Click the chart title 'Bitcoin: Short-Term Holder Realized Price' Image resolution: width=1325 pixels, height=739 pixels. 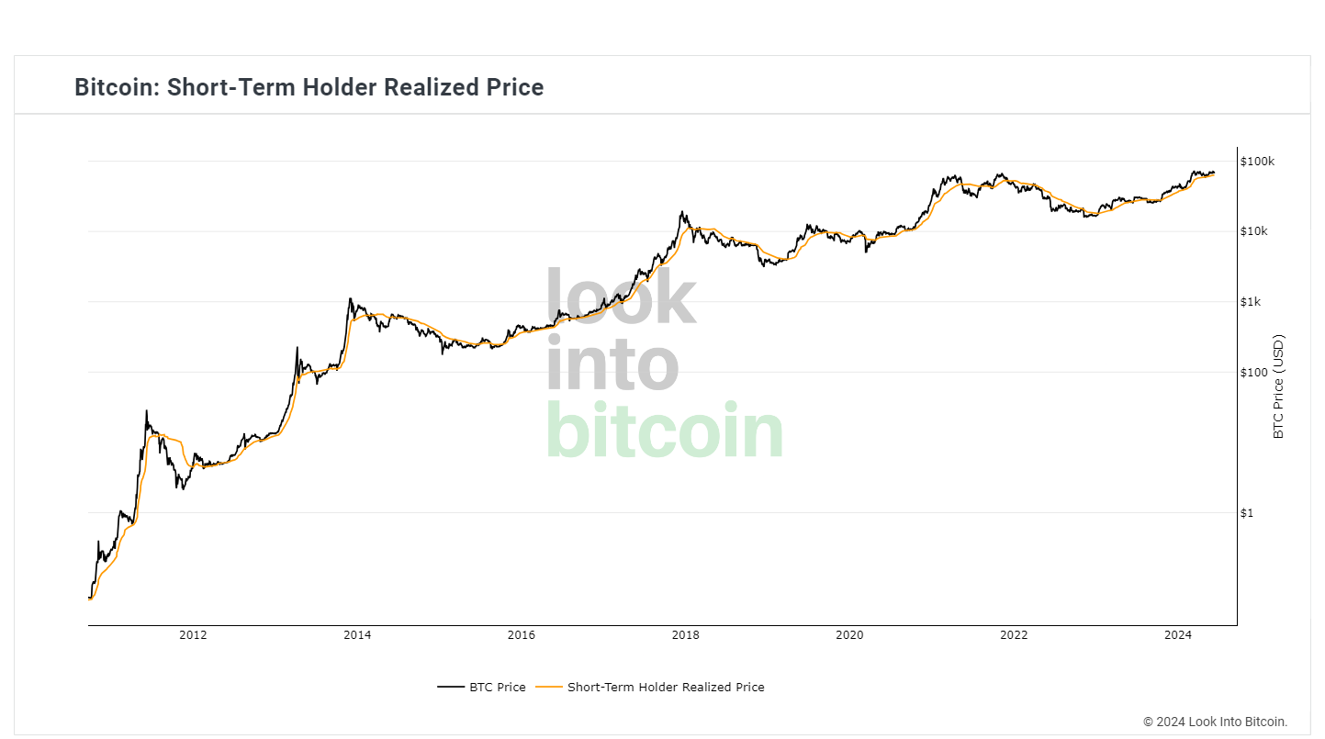point(309,87)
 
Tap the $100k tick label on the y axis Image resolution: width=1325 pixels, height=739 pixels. point(1257,162)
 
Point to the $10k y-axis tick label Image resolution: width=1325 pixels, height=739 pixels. point(1254,231)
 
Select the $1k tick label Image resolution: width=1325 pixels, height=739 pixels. point(1252,302)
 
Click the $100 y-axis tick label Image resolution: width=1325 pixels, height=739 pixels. point(1253,372)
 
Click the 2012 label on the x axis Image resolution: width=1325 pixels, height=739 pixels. point(193,635)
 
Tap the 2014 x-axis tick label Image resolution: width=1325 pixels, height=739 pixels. point(357,635)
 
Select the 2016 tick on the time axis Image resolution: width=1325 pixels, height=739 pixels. point(521,635)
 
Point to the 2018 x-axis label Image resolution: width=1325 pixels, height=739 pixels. point(685,635)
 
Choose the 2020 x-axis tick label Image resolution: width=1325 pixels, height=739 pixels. point(849,635)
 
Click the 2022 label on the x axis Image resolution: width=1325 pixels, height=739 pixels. point(1014,635)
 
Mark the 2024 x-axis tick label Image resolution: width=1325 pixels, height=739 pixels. point(1177,635)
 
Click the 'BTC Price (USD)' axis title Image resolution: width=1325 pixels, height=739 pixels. point(1278,386)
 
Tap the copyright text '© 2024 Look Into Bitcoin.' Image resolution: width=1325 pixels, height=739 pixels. point(1215,722)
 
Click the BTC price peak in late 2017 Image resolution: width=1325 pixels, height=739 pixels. point(682,212)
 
